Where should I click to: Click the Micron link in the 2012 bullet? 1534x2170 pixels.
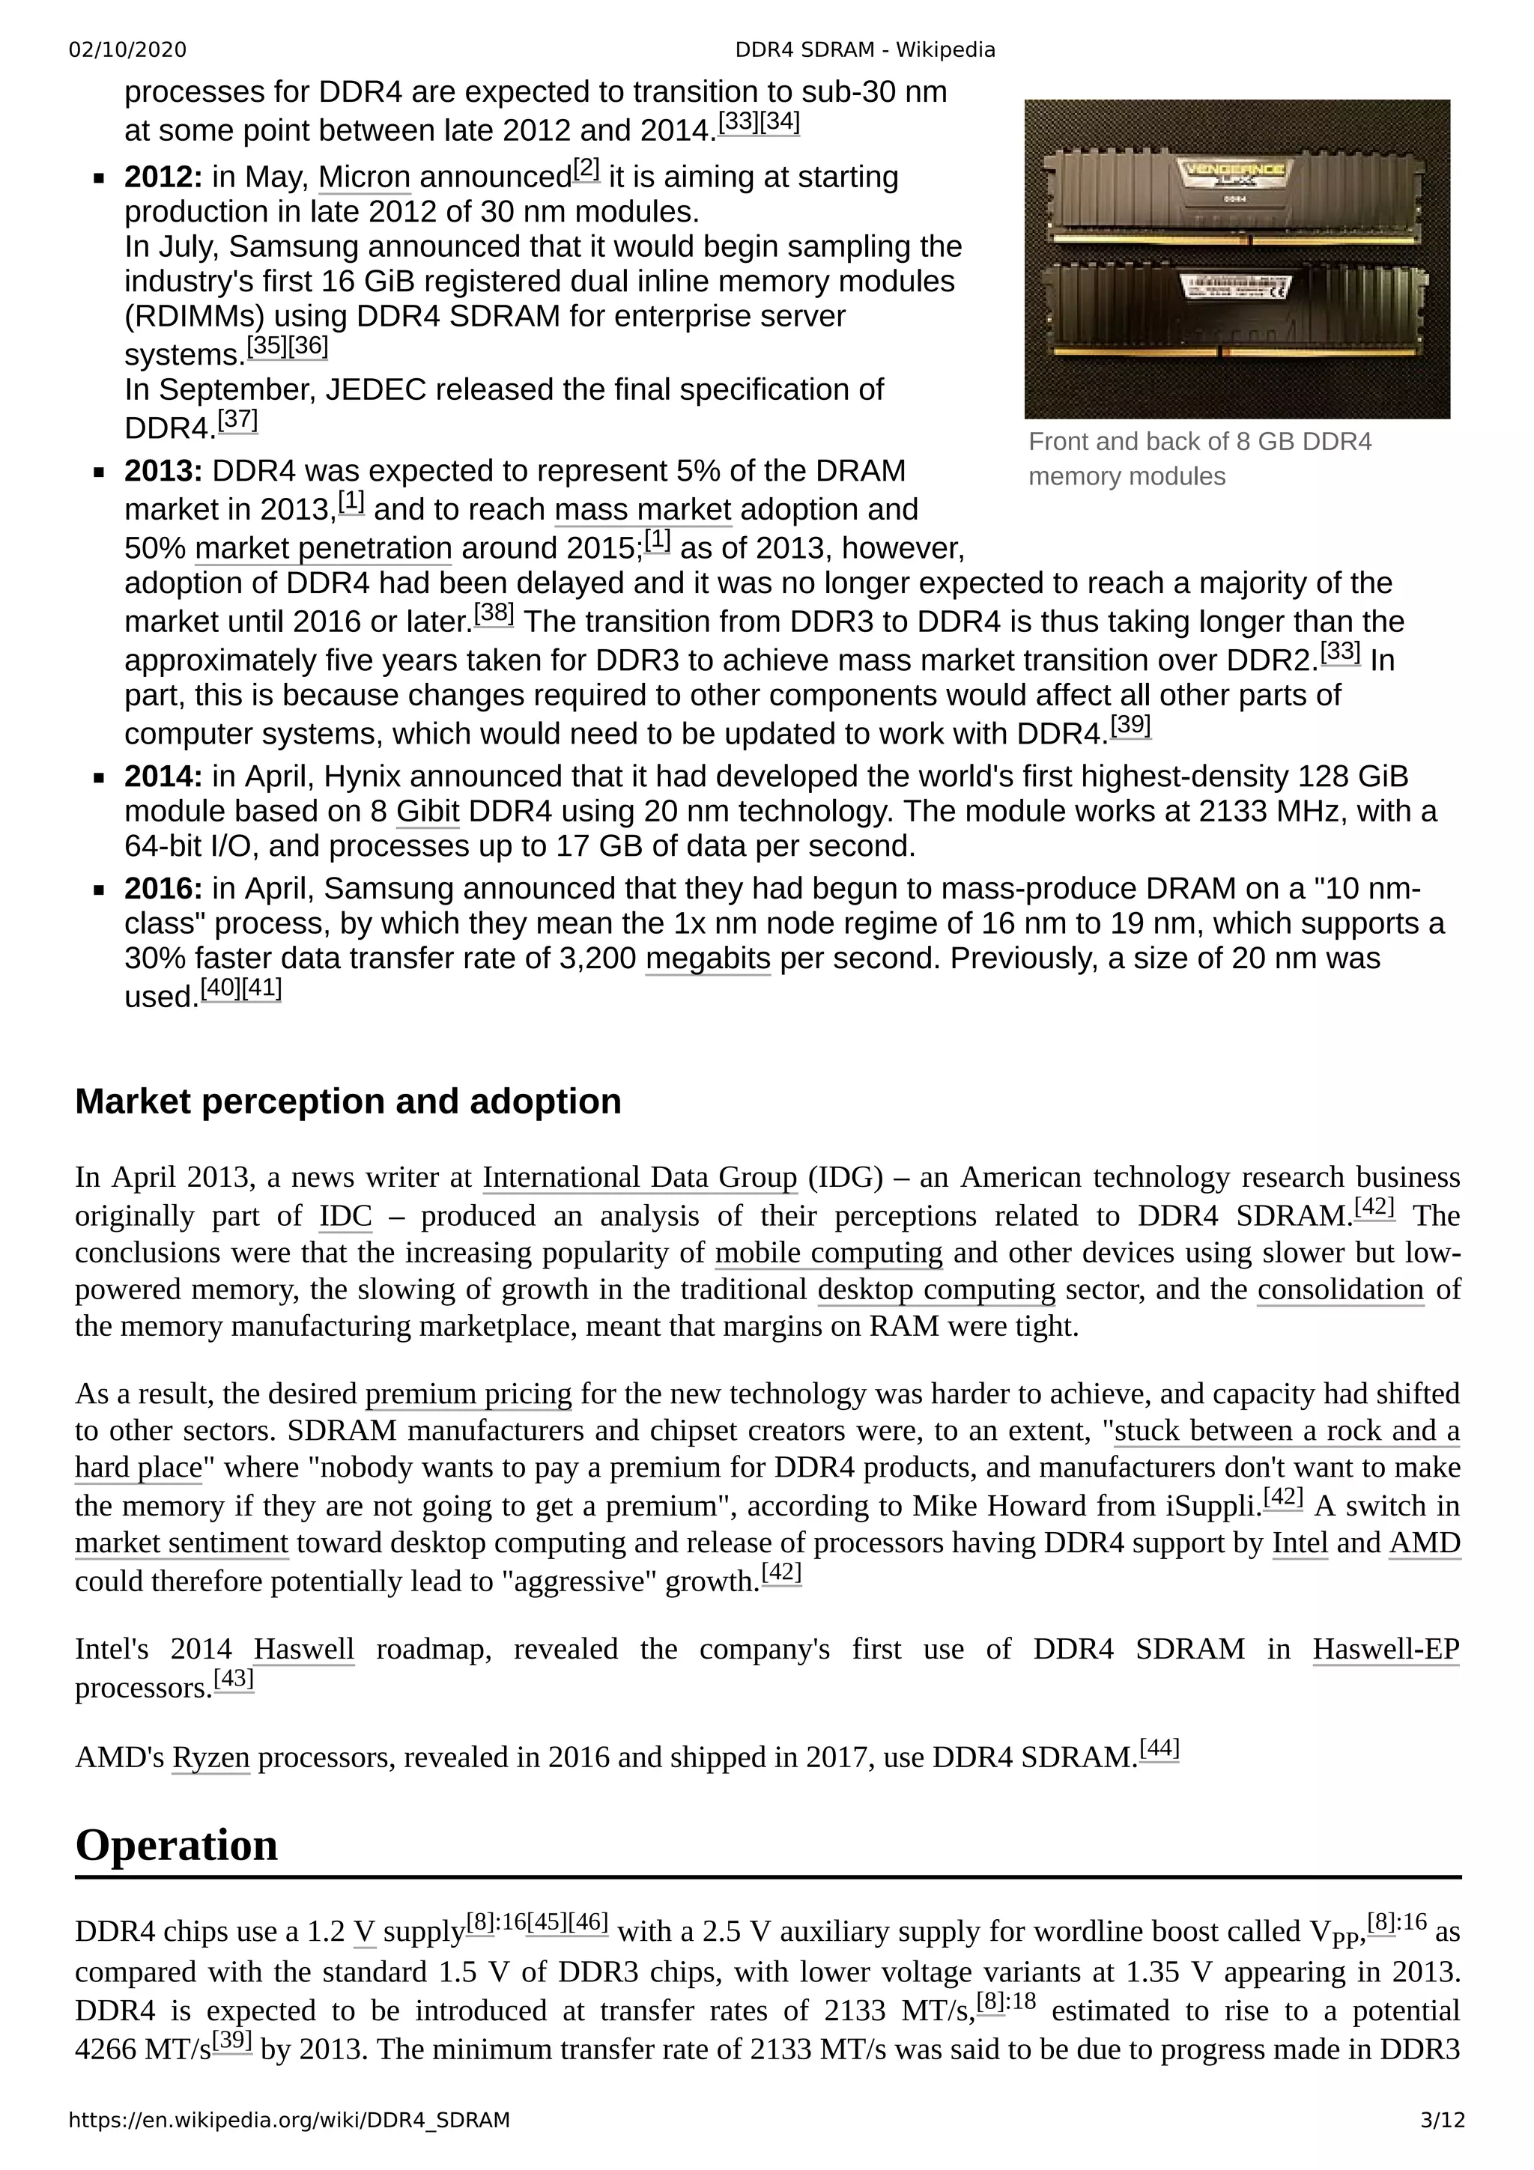coord(364,177)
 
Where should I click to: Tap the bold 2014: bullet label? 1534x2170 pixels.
coord(163,777)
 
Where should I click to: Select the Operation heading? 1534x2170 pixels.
coord(177,1844)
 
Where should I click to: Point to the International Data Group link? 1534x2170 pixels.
coord(640,1178)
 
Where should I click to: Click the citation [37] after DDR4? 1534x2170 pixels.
coord(237,419)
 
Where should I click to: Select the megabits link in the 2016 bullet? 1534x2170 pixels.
coord(708,958)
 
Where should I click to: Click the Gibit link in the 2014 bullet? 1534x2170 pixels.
coord(427,812)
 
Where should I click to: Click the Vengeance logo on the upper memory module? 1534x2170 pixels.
coord(1234,173)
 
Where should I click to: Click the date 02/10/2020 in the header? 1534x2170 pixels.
coord(127,50)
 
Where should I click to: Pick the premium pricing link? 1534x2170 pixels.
coord(468,1394)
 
